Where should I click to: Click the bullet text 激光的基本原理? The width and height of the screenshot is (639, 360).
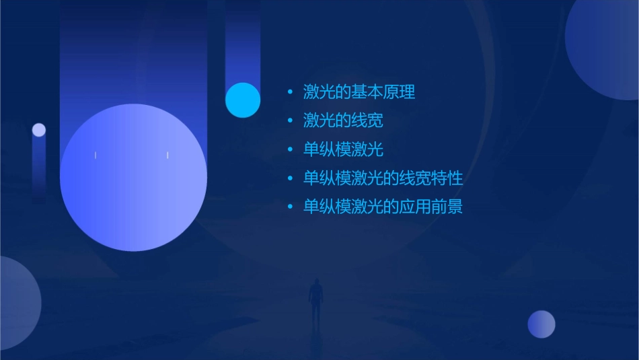pyautogui.click(x=359, y=92)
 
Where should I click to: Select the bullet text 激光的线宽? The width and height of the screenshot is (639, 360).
pyautogui.click(x=343, y=120)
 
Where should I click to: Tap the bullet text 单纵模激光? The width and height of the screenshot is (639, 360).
pyautogui.click(x=343, y=149)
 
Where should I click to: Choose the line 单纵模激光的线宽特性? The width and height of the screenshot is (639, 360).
pyautogui.click(x=383, y=178)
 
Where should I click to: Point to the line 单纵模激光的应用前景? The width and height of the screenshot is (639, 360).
pyautogui.click(x=383, y=207)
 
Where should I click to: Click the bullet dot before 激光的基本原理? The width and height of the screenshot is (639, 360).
pyautogui.click(x=290, y=92)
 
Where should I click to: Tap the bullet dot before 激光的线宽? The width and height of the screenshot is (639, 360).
pyautogui.click(x=290, y=120)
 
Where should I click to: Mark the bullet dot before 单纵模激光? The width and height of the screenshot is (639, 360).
pyautogui.click(x=290, y=149)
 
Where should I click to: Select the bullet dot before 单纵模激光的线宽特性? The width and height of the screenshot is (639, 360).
pyautogui.click(x=290, y=178)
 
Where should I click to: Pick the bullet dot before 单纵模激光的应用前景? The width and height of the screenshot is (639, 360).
pyautogui.click(x=290, y=207)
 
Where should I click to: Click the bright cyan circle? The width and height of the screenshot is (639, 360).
pyautogui.click(x=243, y=100)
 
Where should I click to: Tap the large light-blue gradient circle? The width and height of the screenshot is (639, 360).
pyautogui.click(x=133, y=178)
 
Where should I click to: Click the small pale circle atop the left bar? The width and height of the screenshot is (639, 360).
pyautogui.click(x=39, y=130)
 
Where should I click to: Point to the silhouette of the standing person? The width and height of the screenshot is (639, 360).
pyautogui.click(x=315, y=300)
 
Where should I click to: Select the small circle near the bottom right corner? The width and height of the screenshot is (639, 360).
pyautogui.click(x=541, y=324)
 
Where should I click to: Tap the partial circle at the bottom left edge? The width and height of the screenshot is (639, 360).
pyautogui.click(x=17, y=303)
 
